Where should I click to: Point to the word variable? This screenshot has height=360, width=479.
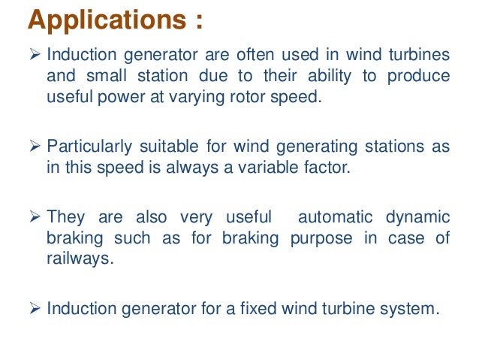(x=267, y=167)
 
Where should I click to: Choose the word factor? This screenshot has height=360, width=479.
(x=325, y=167)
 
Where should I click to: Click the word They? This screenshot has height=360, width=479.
(x=66, y=217)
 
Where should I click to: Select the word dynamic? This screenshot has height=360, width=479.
(x=419, y=217)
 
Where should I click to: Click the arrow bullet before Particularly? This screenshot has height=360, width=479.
(x=36, y=147)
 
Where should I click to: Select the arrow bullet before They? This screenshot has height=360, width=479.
(x=36, y=217)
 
